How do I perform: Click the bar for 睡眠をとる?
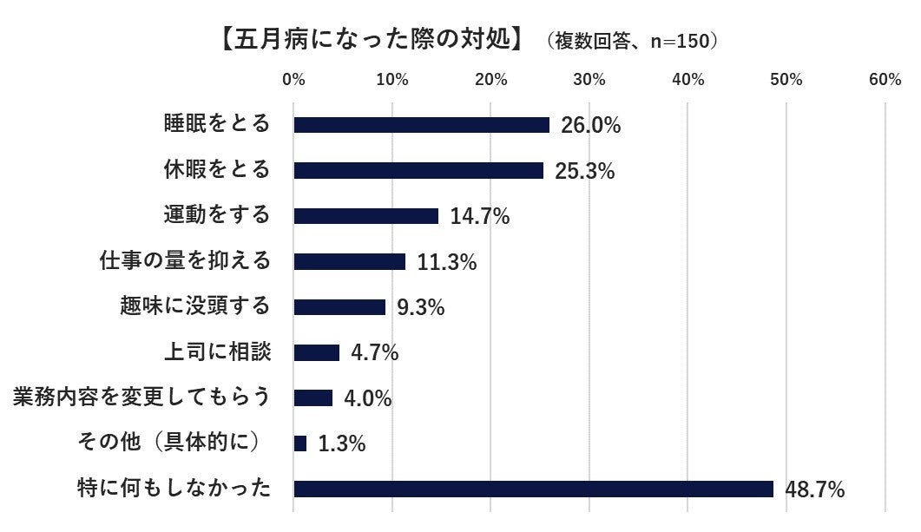pos(421,125)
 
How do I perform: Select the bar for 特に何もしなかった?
pos(533,489)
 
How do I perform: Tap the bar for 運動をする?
pos(365,216)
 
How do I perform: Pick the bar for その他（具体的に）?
pos(300,443)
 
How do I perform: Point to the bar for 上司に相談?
pos(316,352)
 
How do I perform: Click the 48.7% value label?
pos(815,489)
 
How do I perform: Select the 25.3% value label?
pos(585,171)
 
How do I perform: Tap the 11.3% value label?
pos(446,262)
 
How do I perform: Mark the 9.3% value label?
pos(420,307)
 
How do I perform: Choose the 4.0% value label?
pos(367,398)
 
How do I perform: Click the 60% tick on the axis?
pos(884,80)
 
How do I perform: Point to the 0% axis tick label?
pos(294,80)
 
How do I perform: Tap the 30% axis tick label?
pos(589,80)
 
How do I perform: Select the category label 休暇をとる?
pos(217,168)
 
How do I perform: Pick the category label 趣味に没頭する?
pos(195,305)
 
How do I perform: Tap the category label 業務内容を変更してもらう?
pos(141,397)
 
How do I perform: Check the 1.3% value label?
pos(341,444)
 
